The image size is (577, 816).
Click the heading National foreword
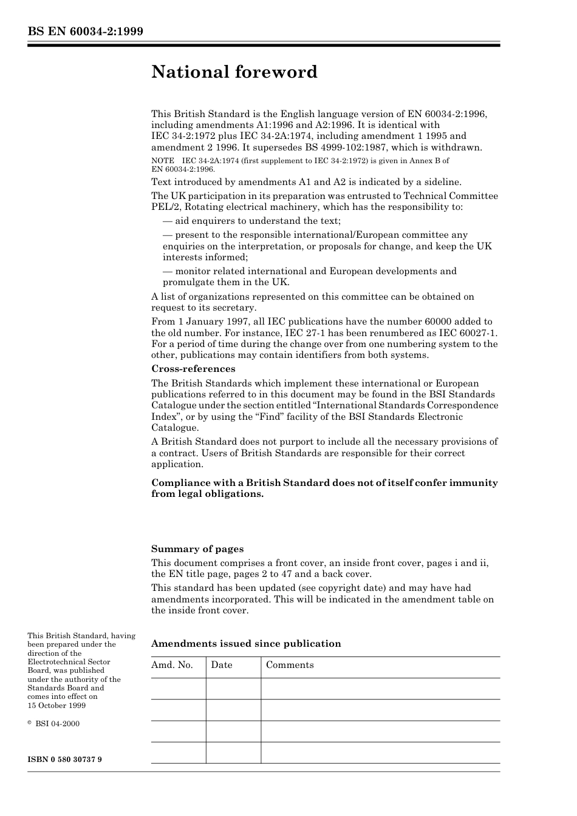tap(234, 72)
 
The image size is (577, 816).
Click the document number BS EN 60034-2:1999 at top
tap(85, 32)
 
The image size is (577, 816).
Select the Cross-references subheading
tap(193, 369)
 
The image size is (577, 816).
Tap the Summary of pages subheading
tap(197, 549)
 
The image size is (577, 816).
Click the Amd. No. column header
tap(172, 665)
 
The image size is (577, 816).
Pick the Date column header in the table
tap(222, 665)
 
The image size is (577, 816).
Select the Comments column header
tap(290, 665)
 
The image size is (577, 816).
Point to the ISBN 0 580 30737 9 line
tap(64, 760)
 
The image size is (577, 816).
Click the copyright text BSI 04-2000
tap(57, 724)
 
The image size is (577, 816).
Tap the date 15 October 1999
tap(56, 706)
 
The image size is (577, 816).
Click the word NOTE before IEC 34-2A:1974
tap(162, 161)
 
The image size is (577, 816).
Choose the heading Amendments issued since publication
tap(246, 644)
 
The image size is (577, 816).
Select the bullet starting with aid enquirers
tap(251, 221)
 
